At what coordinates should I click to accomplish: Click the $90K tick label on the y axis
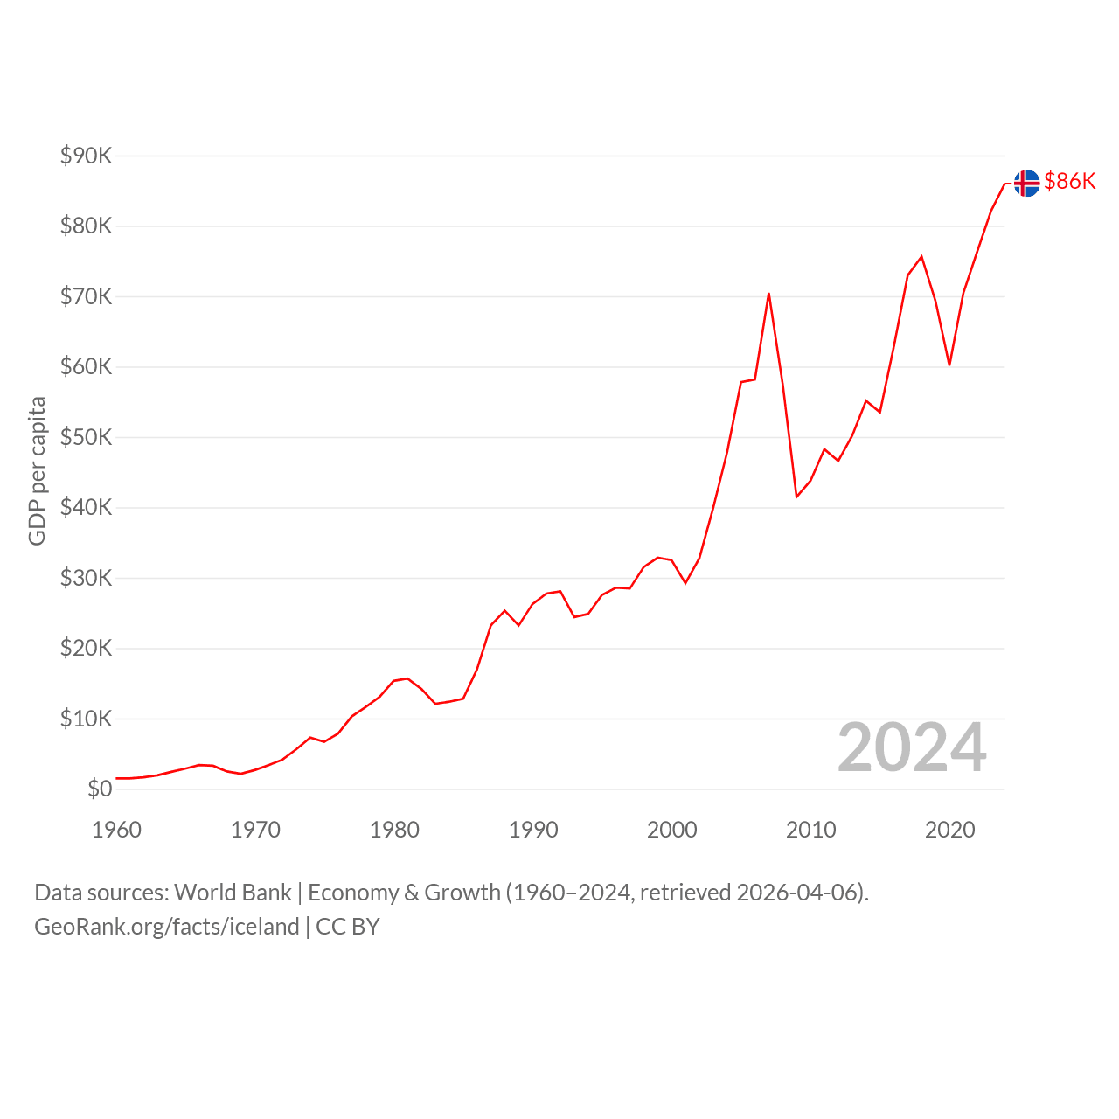click(86, 156)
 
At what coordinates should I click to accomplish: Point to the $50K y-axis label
click(86, 437)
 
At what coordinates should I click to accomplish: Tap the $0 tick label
click(100, 789)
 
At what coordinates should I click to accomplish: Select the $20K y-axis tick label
click(86, 648)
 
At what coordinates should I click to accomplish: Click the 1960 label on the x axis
click(117, 830)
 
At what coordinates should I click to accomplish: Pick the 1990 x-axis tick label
click(533, 830)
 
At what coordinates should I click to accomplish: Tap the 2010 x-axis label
click(810, 830)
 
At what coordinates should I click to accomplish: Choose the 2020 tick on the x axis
click(949, 830)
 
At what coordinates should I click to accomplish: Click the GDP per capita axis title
click(38, 471)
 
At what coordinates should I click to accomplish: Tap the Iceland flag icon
click(1026, 183)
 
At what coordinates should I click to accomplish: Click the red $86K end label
click(1070, 181)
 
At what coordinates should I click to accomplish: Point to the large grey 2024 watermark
click(912, 747)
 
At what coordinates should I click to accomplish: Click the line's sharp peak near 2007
click(768, 294)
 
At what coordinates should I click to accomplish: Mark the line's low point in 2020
click(949, 365)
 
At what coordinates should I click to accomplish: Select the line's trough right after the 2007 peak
click(796, 497)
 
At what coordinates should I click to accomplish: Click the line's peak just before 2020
click(921, 257)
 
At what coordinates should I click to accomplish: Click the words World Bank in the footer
click(233, 893)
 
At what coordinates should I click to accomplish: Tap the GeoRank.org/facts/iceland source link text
click(167, 927)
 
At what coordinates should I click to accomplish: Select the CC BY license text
click(347, 927)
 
